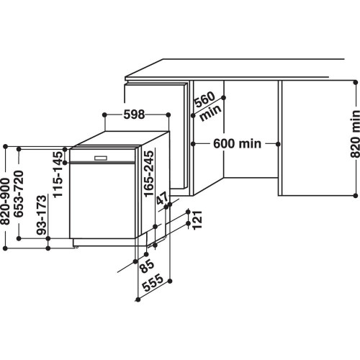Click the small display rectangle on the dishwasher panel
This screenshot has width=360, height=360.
click(100, 158)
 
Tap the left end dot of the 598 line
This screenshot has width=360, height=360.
click(105, 114)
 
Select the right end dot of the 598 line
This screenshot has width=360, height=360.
click(168, 114)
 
